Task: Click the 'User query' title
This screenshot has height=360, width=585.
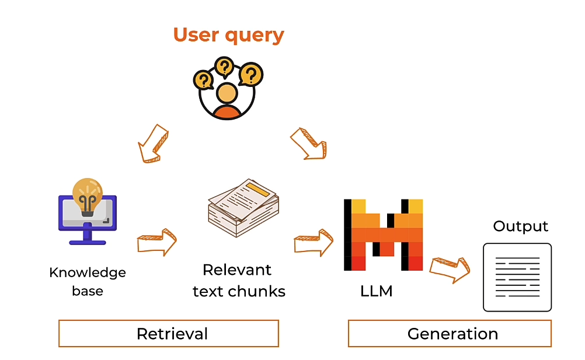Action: click(228, 34)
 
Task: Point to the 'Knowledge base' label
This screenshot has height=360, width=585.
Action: click(88, 281)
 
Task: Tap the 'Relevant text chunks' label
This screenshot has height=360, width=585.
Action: click(239, 281)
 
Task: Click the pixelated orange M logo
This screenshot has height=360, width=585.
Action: click(383, 235)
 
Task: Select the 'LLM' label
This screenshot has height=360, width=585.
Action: click(377, 291)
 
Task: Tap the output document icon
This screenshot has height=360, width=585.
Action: click(517, 277)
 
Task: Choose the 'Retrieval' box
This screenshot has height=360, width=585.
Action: click(169, 333)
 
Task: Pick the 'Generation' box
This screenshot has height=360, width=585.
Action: click(450, 333)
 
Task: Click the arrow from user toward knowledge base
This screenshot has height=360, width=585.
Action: click(152, 142)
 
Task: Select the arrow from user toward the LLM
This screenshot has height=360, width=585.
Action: click(308, 143)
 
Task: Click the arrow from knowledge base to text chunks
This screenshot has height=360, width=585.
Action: click(157, 242)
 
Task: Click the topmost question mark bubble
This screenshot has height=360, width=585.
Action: click(223, 66)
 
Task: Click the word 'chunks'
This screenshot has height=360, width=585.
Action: click(258, 291)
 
